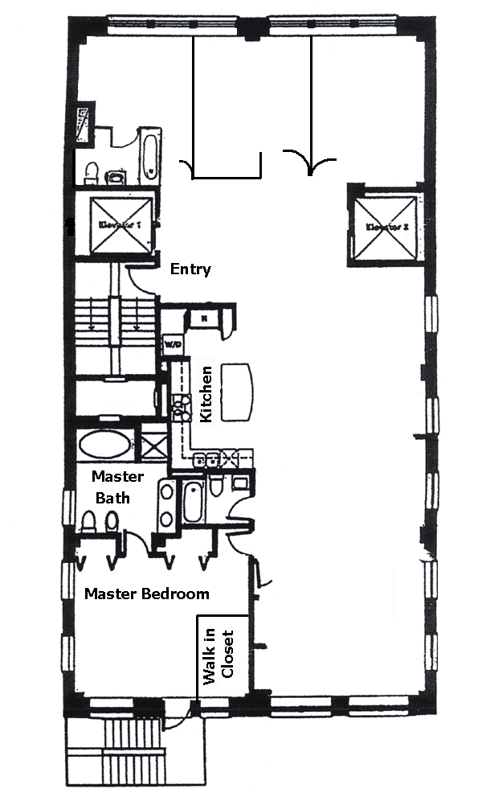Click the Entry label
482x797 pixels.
coord(190,269)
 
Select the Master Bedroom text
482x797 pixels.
coord(147,594)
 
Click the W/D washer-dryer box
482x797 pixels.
coord(172,344)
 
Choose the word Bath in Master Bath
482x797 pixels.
coord(112,498)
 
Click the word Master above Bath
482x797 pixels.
coord(117,476)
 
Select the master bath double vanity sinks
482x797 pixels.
coord(165,504)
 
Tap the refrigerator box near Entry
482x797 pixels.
coord(204,318)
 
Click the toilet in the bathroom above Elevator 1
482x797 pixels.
coord(92,171)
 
